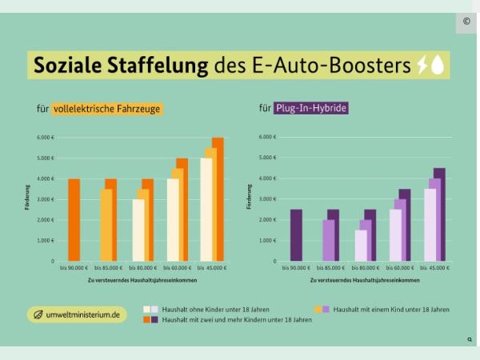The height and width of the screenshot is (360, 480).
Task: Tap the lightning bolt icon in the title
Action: (422, 66)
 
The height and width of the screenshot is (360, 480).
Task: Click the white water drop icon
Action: (438, 66)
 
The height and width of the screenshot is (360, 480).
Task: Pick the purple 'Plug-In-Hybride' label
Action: (311, 108)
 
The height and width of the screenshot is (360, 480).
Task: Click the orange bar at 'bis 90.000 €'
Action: (74, 220)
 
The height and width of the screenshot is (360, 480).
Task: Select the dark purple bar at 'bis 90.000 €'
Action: (296, 235)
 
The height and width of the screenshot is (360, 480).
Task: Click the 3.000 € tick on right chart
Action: (268, 199)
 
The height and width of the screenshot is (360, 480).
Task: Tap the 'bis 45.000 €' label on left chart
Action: (210, 269)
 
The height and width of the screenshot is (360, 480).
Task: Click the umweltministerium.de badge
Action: (77, 315)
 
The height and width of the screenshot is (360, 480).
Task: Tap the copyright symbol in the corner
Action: (466, 22)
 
